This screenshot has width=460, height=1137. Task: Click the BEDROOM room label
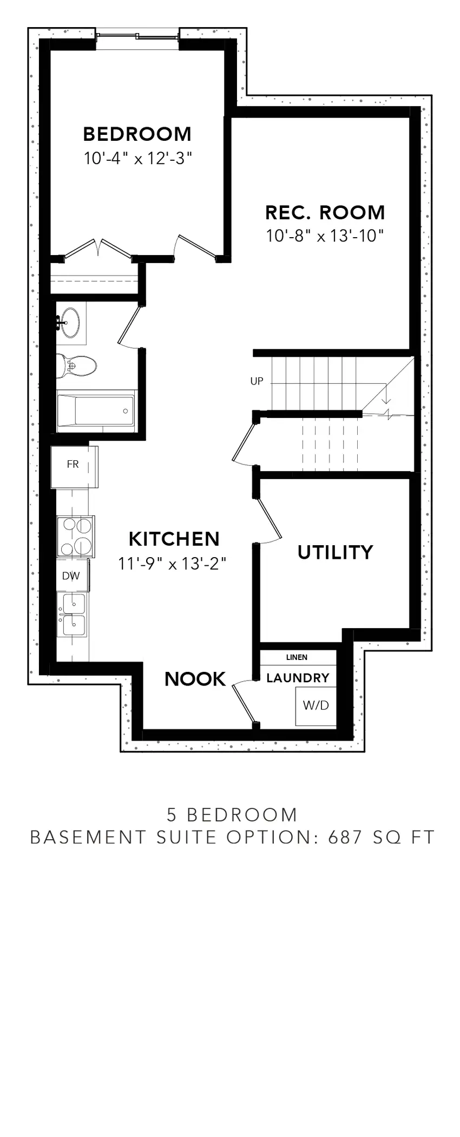click(x=137, y=134)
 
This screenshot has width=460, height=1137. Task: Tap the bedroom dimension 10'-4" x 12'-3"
click(x=138, y=159)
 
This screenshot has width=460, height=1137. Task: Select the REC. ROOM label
click(x=325, y=212)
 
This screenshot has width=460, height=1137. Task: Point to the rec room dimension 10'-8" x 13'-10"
click(x=325, y=236)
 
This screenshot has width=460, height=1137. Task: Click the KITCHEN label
click(x=174, y=539)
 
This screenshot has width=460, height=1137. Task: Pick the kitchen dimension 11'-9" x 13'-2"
click(x=172, y=564)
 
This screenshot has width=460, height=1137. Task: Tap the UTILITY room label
click(x=335, y=552)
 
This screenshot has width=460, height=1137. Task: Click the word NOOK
click(x=195, y=679)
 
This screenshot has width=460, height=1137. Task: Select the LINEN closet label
click(x=297, y=657)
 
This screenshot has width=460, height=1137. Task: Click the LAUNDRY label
click(x=298, y=678)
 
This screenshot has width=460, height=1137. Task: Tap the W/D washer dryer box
click(x=316, y=705)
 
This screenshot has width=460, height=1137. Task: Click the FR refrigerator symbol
click(x=73, y=465)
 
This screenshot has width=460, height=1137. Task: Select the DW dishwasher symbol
click(x=71, y=576)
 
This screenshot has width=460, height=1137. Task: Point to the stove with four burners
click(x=76, y=536)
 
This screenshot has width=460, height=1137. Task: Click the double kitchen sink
click(x=73, y=613)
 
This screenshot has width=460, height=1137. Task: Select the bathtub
click(x=96, y=411)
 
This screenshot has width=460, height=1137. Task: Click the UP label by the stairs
click(x=257, y=381)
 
